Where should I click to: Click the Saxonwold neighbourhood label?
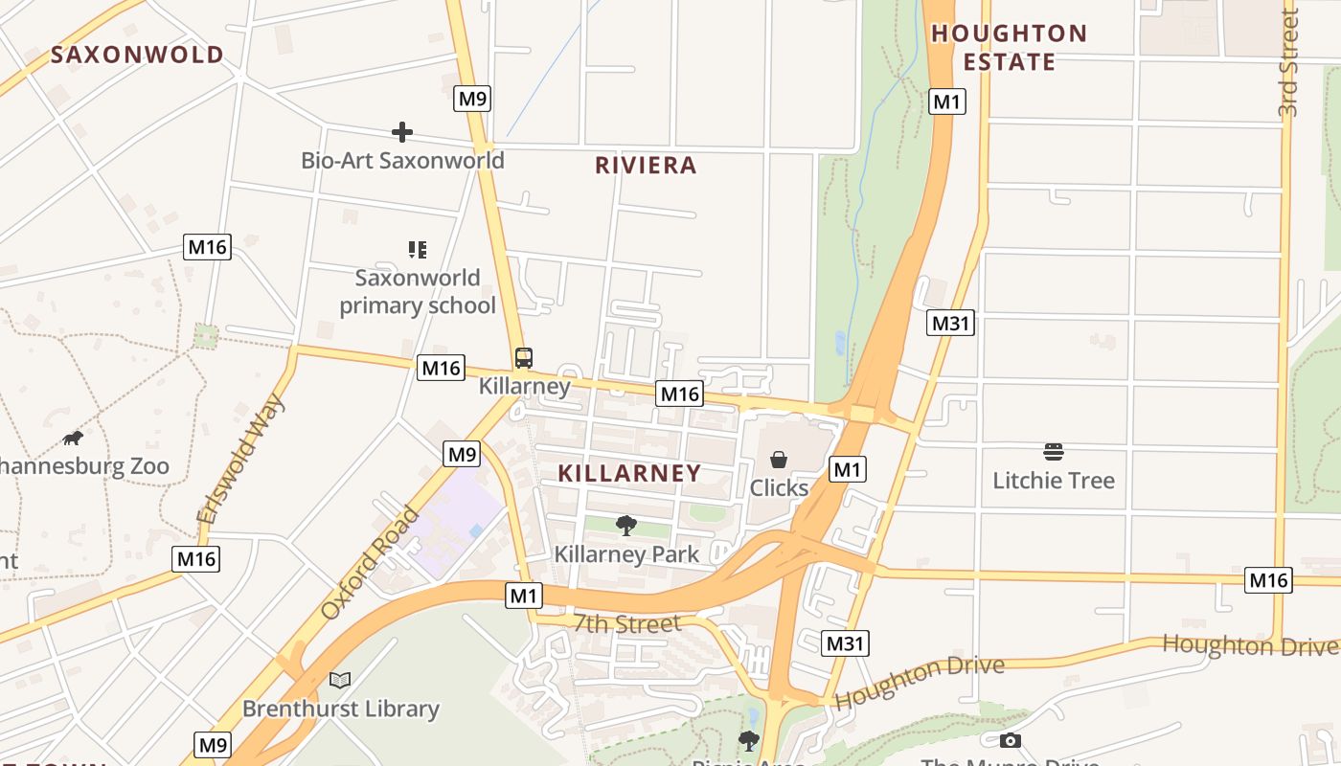point(137,55)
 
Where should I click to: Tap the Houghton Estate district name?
point(1010,48)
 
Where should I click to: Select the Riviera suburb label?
point(646,166)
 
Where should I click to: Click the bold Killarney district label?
point(629,473)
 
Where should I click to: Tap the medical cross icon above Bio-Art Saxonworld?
point(402,132)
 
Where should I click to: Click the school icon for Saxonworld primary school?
point(417,250)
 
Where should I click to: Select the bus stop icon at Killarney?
point(523,358)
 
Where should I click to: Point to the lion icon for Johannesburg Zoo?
point(73,439)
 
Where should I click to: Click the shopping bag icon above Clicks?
point(779,461)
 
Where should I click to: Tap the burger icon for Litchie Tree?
point(1054,452)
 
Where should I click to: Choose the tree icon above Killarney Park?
point(626,525)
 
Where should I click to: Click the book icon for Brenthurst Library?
point(340,680)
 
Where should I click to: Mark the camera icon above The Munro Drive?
point(1010,740)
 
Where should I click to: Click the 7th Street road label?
point(627,624)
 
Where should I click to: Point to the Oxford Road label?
point(370,563)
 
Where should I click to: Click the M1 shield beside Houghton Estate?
point(946,101)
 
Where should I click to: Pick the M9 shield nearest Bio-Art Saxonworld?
point(472,98)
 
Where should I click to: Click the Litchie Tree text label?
point(1054,481)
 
